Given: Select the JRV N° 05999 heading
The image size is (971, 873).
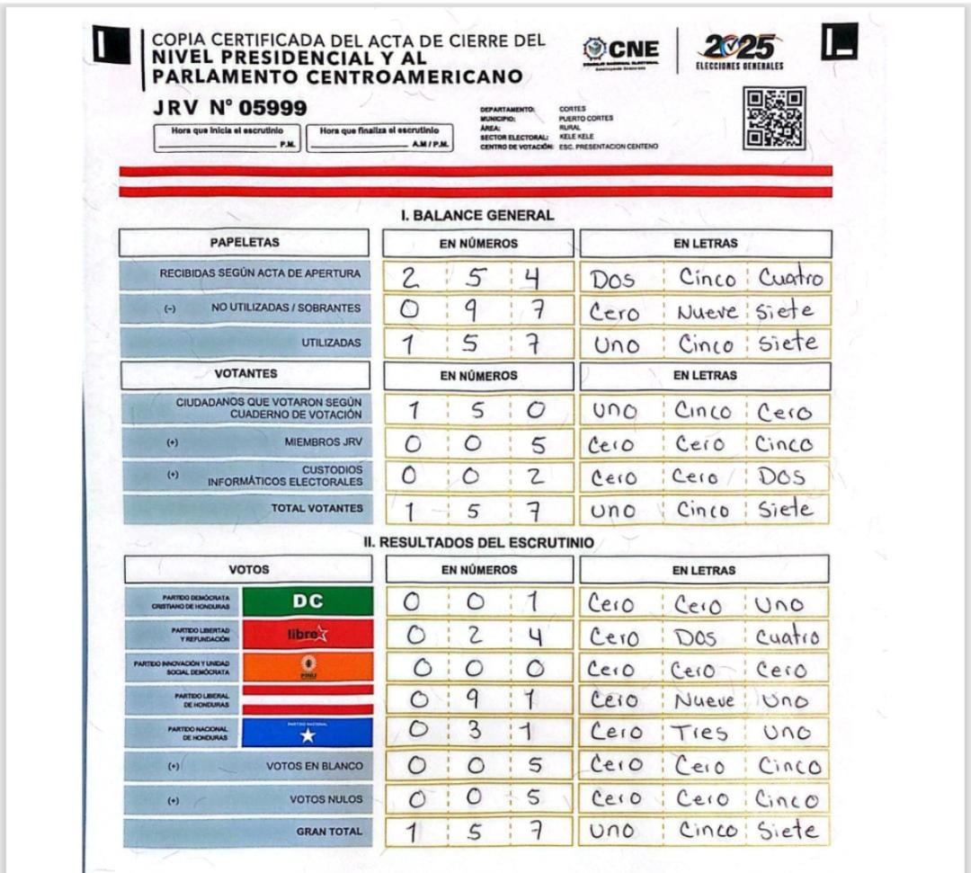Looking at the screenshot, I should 230,109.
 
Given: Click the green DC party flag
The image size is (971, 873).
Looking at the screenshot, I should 307,601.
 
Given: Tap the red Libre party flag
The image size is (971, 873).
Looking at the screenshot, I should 307,634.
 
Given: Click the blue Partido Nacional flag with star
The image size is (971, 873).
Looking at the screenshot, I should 307,732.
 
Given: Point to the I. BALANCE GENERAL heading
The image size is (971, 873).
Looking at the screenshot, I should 477,216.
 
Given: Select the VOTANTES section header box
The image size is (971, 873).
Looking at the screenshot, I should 245,374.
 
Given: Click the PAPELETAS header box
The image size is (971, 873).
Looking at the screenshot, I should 245,243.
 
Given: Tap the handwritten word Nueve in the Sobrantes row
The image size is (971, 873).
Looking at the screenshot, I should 708,311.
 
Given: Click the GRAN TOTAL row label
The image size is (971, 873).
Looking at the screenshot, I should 329,832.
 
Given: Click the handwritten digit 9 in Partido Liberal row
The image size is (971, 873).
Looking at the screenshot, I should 476,699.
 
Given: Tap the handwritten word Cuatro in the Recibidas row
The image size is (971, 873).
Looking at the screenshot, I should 789,277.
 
